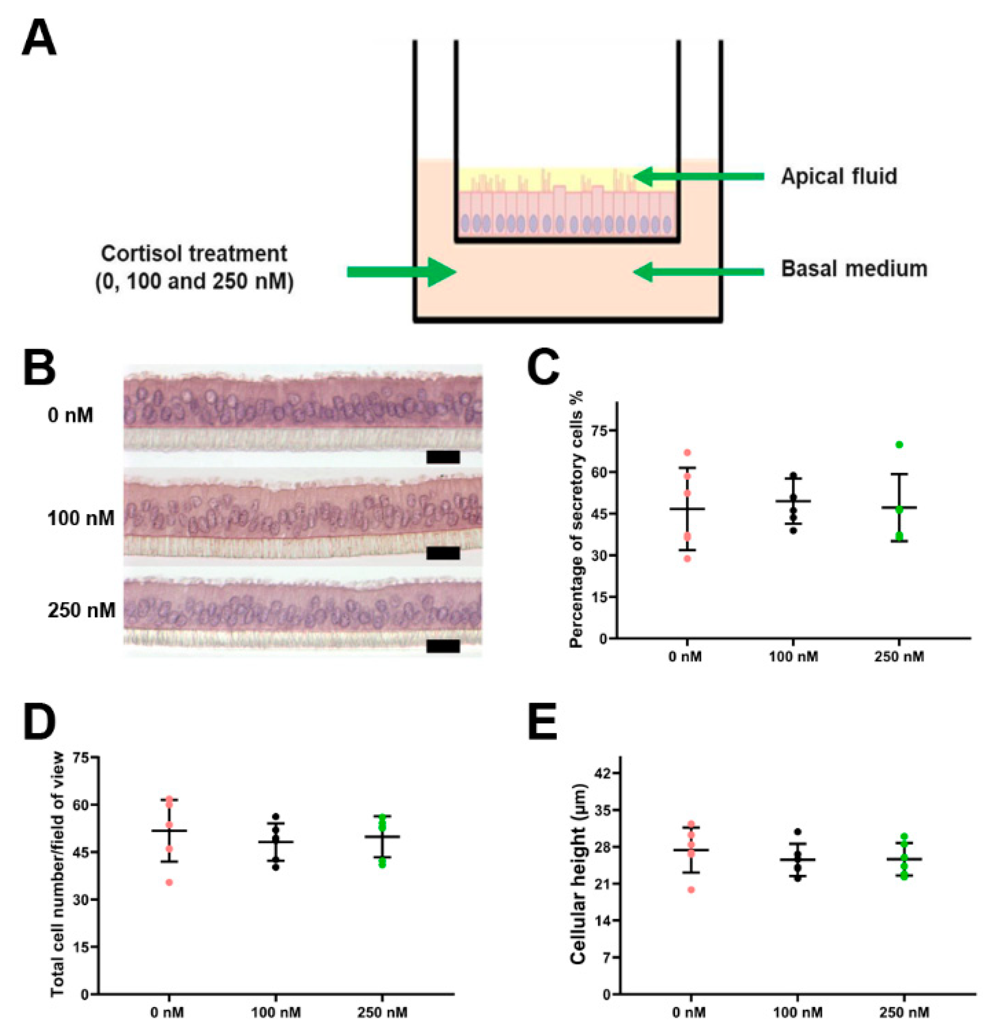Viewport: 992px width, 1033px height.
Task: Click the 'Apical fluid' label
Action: click(838, 176)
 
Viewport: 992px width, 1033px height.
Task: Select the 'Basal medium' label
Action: click(853, 269)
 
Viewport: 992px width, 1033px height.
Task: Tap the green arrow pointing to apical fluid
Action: click(698, 176)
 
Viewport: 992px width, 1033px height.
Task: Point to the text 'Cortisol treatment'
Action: click(194, 254)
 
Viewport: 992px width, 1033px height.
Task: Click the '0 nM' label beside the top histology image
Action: click(71, 415)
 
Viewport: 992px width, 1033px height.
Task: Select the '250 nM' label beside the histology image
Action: click(81, 610)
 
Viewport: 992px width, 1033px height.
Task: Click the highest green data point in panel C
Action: click(899, 444)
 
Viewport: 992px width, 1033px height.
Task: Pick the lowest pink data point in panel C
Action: click(687, 559)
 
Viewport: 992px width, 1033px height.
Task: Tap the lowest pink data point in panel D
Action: click(169, 882)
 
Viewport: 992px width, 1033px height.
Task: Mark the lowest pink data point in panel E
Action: click(691, 890)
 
